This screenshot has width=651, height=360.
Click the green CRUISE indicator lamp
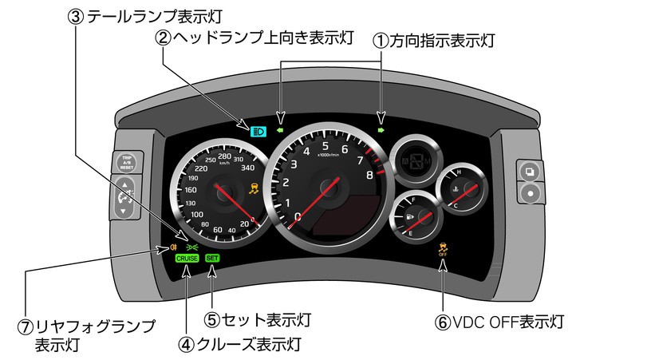pos(187,259)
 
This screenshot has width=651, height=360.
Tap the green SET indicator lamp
pos(212,259)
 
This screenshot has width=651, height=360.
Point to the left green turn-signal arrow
pos(280,128)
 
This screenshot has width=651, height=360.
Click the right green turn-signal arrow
pos(381,128)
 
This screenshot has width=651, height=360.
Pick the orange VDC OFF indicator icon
pos(443,250)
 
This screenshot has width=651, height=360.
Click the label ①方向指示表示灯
pos(435,40)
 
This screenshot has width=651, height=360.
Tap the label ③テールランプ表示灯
pos(144,16)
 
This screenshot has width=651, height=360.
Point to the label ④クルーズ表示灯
pos(239,345)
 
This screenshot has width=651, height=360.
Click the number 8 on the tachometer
pos(369,176)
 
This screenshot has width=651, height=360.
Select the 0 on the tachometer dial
pos(298,216)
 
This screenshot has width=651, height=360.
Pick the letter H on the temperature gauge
pos(458,171)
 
